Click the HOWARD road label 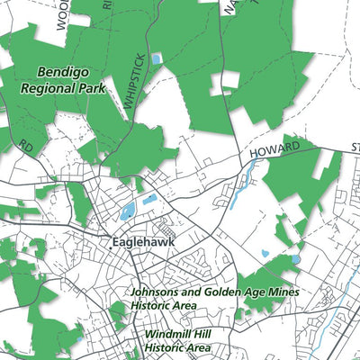273,149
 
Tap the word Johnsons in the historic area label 159,292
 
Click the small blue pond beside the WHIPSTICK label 157,58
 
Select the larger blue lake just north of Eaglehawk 128,211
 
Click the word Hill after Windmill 201,333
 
